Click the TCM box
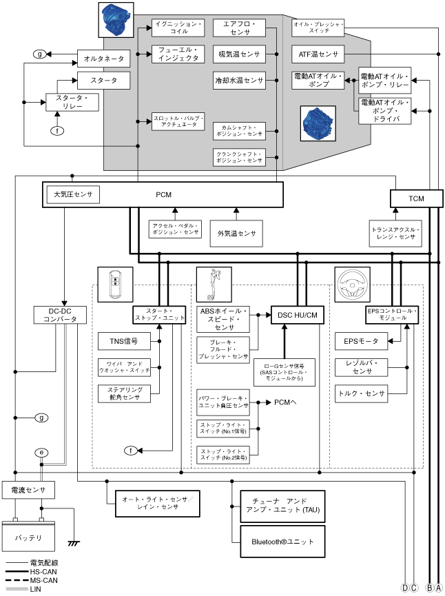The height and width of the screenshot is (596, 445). (x=416, y=198)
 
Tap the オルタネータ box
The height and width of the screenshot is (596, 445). (x=103, y=59)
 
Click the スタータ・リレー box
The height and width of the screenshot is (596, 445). (x=72, y=103)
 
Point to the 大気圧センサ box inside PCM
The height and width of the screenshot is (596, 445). (x=73, y=194)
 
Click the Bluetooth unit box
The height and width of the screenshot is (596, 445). (x=281, y=542)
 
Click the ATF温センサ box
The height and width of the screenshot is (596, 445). (x=318, y=54)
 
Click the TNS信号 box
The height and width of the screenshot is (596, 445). (x=124, y=340)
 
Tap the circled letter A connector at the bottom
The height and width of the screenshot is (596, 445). (x=437, y=588)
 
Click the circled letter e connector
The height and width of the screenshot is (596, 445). (x=42, y=452)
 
